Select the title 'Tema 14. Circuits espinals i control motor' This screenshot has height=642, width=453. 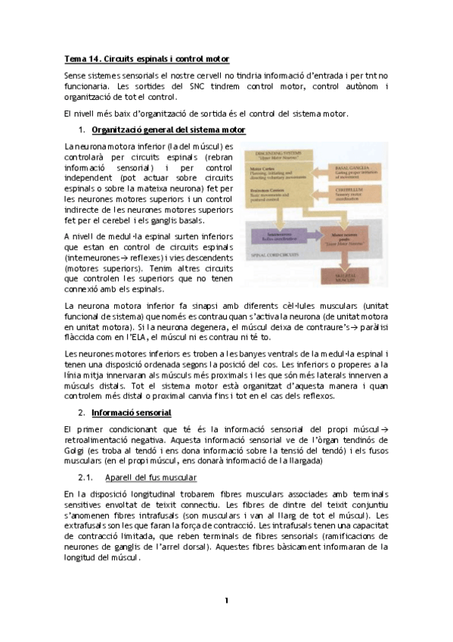point(147,58)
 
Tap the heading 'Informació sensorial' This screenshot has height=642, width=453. point(131,413)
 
